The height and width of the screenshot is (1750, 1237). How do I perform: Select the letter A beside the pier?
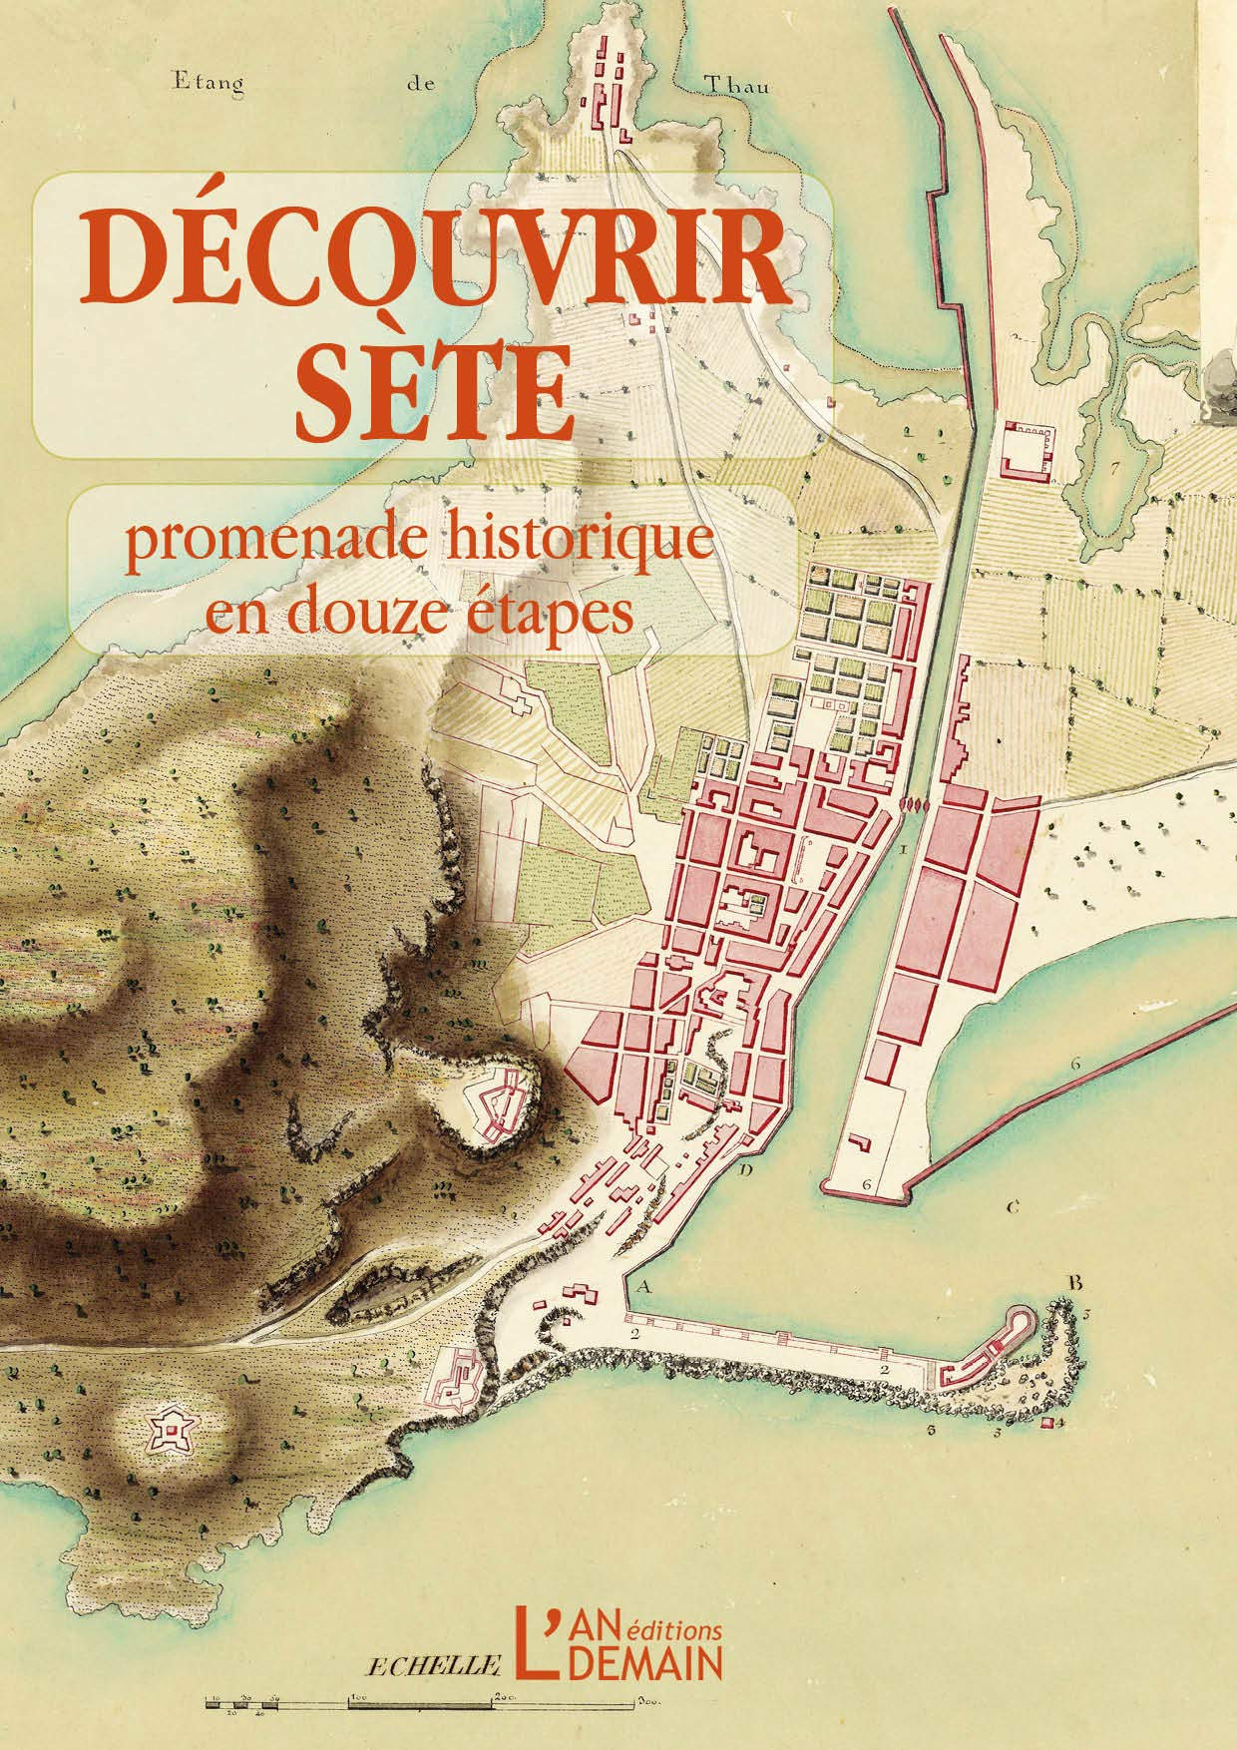tap(642, 1288)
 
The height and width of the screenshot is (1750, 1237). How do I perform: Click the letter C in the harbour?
tap(1012, 1208)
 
